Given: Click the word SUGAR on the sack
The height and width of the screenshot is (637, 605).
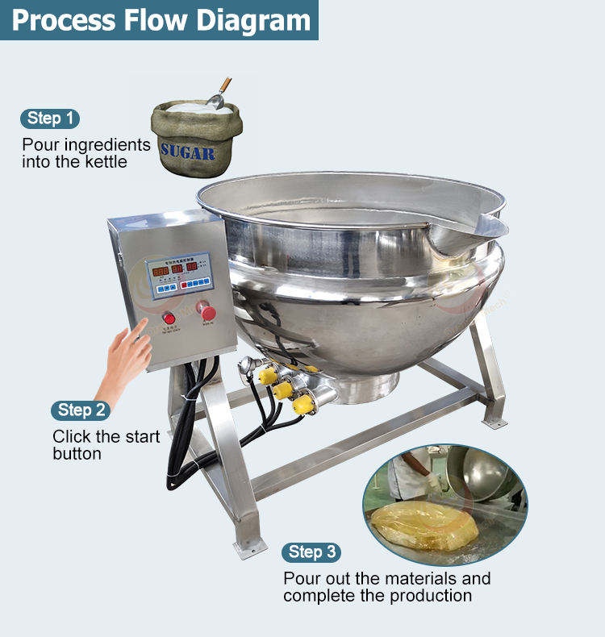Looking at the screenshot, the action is (187, 151).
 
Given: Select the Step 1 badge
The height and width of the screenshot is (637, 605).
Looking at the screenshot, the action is (50, 119).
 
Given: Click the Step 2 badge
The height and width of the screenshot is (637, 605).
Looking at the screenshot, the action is (81, 410).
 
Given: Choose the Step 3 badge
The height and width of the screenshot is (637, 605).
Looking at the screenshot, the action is (311, 552).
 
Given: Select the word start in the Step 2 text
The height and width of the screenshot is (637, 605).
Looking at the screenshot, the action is (140, 436).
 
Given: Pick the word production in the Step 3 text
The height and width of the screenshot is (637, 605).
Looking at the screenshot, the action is (431, 596).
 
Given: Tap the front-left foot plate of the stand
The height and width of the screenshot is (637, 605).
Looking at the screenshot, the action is (249, 547).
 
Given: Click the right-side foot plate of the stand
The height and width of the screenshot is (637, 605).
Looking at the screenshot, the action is (493, 422).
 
